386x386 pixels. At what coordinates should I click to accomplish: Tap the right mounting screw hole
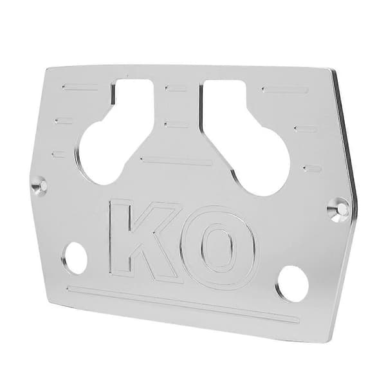click(338, 210)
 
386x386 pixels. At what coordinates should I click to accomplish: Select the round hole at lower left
click(74, 258)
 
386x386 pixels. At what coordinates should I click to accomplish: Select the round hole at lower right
click(293, 284)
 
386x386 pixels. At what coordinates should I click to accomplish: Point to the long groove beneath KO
click(183, 305)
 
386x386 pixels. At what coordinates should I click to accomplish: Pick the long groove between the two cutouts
click(176, 160)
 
